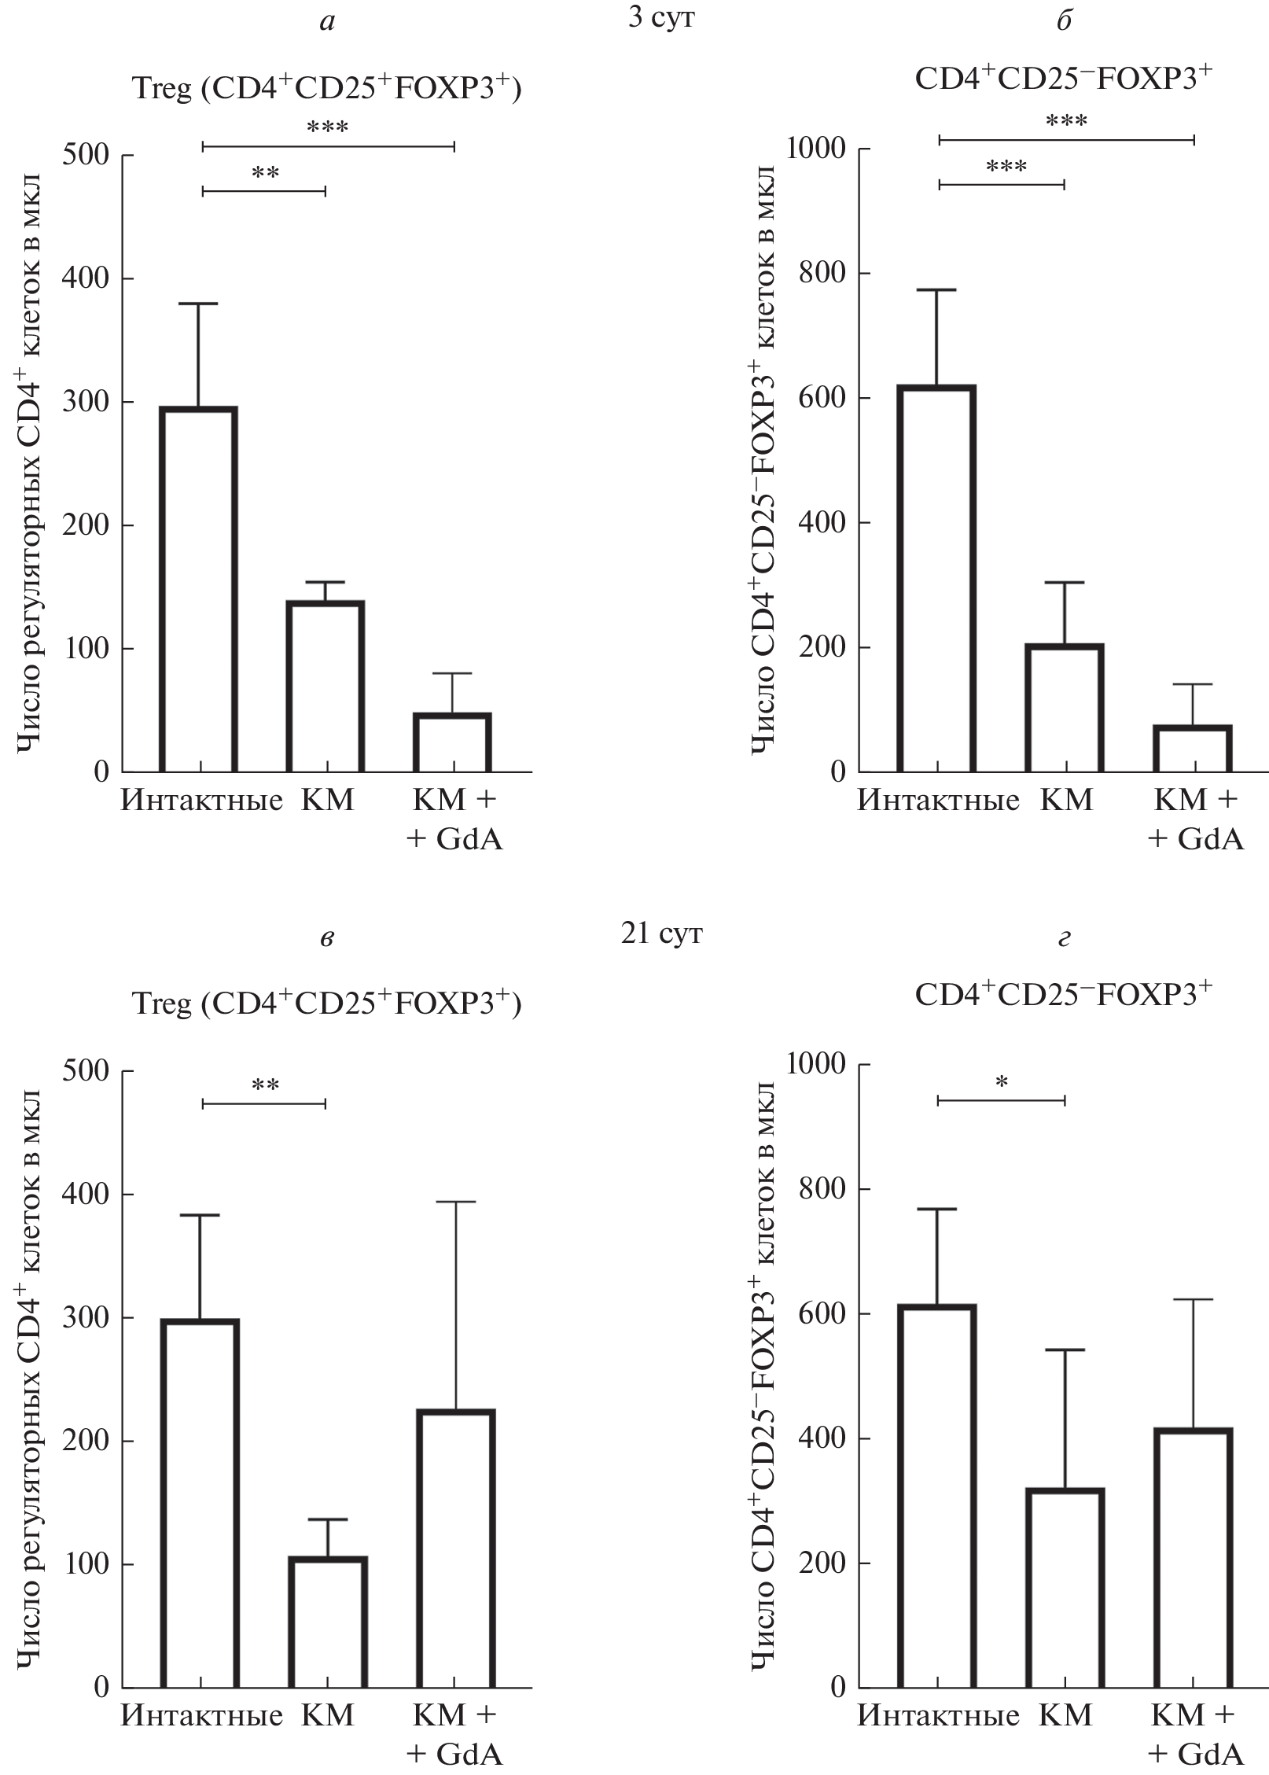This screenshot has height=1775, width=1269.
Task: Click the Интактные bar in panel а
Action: pyautogui.click(x=199, y=589)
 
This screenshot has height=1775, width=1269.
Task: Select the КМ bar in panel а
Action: pyautogui.click(x=325, y=686)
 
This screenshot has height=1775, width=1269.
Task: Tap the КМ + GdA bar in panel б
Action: pyautogui.click(x=1193, y=748)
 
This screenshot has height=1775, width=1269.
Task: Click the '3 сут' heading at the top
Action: pyautogui.click(x=661, y=19)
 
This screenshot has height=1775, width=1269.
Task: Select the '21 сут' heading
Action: pyautogui.click(x=661, y=934)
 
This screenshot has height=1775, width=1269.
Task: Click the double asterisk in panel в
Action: pyautogui.click(x=265, y=1087)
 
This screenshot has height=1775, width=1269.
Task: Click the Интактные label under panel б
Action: pyautogui.click(x=937, y=801)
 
